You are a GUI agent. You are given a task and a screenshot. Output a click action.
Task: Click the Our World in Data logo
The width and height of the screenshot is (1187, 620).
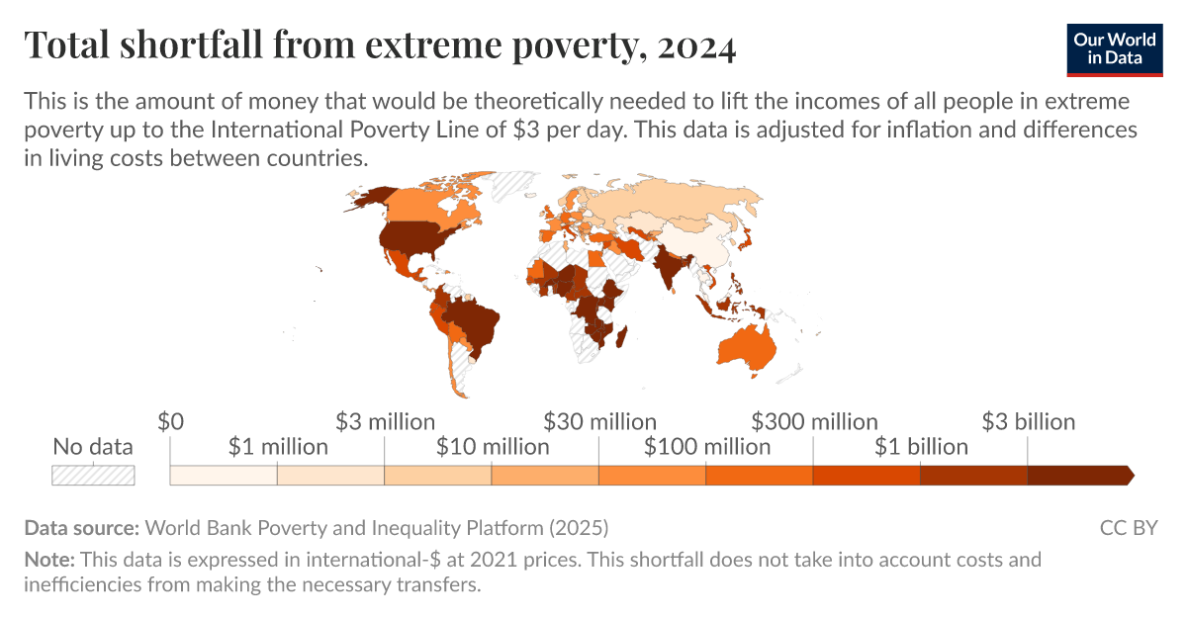coord(1115,48)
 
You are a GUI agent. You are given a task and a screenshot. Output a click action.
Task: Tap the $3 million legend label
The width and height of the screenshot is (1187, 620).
coord(385,422)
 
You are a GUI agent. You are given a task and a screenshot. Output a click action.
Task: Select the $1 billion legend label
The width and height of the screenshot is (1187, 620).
coord(921,447)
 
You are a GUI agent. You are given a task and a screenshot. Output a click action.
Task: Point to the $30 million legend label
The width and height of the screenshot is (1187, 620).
coord(599,422)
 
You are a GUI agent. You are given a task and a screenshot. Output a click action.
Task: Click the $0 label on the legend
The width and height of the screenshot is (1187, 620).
coord(171,422)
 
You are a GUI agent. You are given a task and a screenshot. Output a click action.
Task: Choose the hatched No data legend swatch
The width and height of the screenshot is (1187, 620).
coord(93,475)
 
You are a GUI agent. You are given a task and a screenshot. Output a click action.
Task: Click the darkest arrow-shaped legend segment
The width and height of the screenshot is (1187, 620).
coord(1079,476)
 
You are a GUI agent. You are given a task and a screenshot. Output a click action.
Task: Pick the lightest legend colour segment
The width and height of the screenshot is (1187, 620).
coord(224,476)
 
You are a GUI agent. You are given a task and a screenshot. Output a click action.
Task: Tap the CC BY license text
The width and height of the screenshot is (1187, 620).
coord(1128,527)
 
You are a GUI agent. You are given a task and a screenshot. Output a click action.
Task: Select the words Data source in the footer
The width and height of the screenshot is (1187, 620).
coord(82,527)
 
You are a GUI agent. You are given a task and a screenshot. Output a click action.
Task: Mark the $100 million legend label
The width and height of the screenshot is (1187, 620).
coord(707,447)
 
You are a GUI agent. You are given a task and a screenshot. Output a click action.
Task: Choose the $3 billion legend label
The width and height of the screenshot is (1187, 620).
coord(1028,422)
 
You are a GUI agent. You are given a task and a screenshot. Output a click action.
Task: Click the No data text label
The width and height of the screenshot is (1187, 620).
coord(93,447)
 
